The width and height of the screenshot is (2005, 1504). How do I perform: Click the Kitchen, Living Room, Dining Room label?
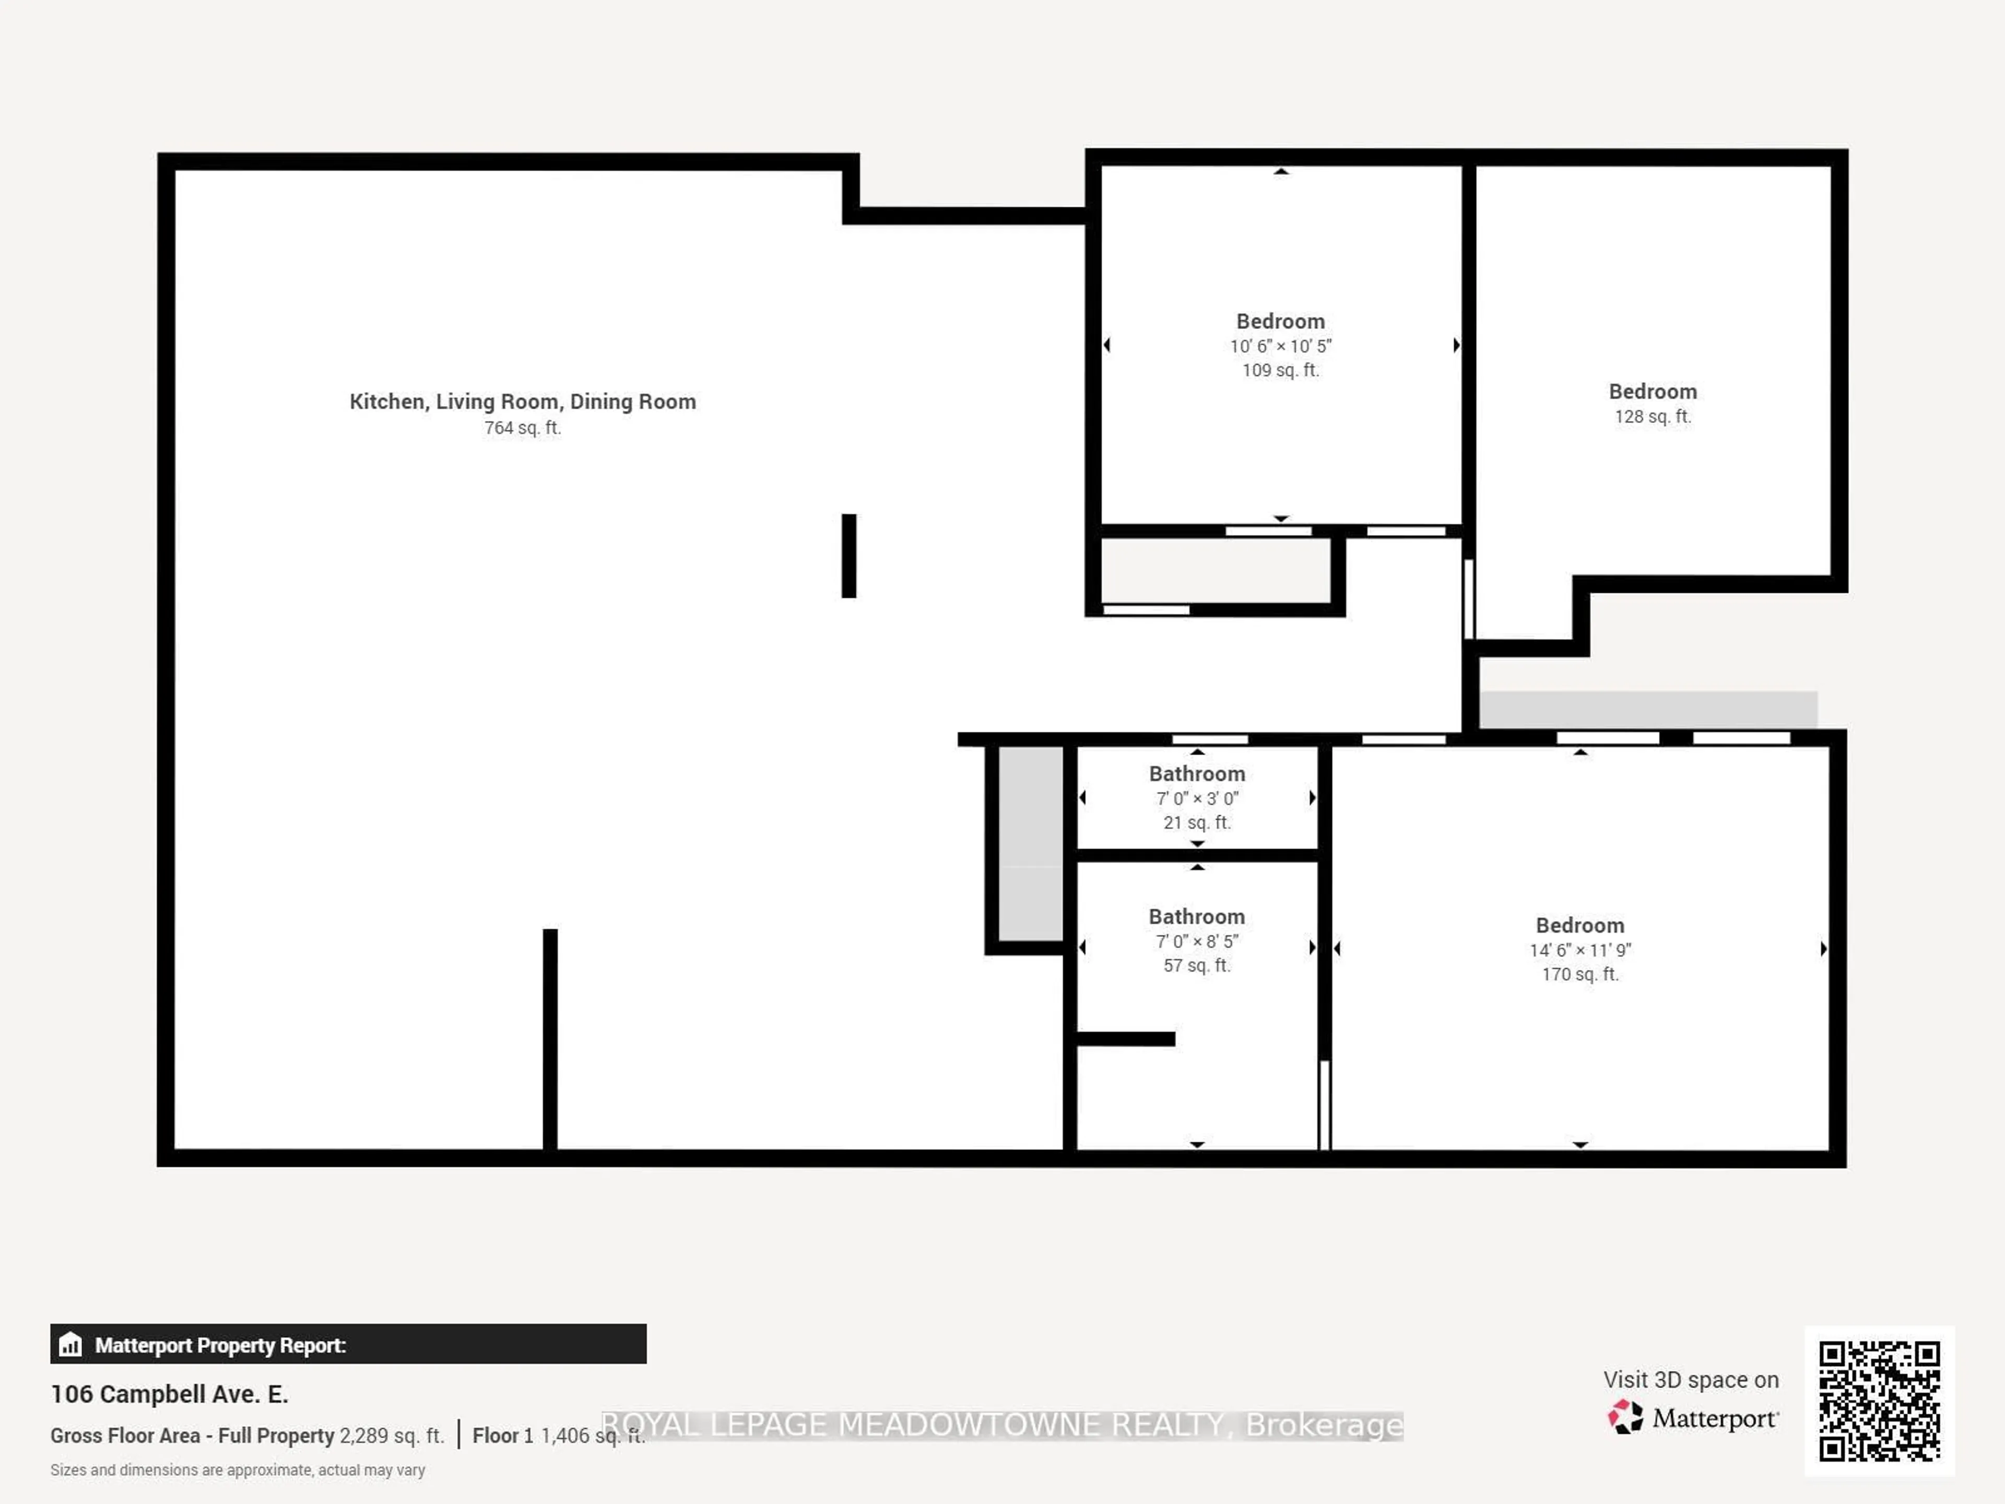click(523, 402)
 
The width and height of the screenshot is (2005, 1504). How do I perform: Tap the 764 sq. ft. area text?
click(523, 428)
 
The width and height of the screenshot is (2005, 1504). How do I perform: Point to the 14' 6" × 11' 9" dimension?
click(1580, 950)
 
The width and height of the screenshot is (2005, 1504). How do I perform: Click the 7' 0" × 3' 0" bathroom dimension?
click(1197, 798)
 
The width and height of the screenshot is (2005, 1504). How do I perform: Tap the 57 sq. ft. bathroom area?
click(1197, 966)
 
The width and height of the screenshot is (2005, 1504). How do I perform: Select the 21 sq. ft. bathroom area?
click(1197, 823)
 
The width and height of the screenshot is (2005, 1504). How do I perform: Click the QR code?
click(1879, 1401)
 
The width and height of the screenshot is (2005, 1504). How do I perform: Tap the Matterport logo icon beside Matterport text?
click(1625, 1417)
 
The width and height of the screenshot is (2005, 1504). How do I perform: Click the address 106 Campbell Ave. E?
click(170, 1394)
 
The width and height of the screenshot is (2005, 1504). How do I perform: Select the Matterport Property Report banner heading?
click(220, 1345)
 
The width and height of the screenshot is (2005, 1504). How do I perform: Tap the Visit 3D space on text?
click(1691, 1380)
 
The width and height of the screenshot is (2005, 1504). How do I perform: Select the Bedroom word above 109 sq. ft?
click(1280, 322)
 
